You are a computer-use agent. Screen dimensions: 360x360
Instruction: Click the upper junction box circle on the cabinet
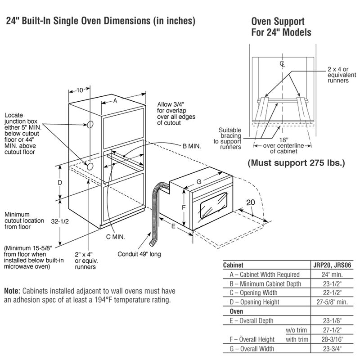coord(90,124)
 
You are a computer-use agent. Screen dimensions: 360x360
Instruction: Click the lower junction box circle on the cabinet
coord(90,167)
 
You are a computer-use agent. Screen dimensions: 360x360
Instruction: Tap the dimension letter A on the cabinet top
coord(115,101)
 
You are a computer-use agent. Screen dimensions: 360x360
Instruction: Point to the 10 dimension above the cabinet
coord(80,90)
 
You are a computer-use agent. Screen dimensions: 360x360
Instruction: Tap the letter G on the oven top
coord(198,181)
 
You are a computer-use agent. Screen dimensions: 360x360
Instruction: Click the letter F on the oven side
coord(183,207)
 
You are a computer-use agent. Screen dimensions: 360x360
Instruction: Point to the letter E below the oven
coord(174,227)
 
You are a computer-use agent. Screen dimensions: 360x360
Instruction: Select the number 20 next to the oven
coord(250,203)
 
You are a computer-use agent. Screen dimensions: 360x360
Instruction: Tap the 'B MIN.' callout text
coord(192,146)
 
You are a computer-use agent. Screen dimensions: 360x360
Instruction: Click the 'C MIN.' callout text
coord(116,237)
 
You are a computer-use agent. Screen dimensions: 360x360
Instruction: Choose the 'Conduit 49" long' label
coord(139,254)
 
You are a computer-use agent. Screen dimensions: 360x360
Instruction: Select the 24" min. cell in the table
coord(336,274)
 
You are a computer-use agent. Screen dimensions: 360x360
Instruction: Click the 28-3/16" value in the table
coord(336,339)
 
